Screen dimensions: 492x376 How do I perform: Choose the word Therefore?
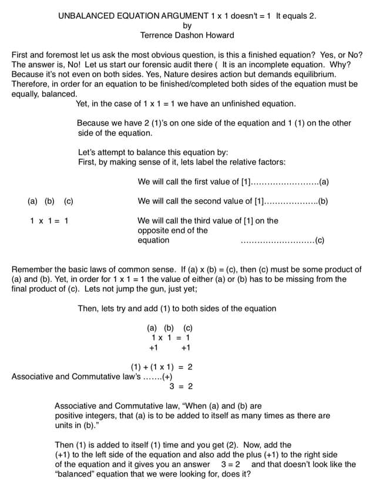(32, 84)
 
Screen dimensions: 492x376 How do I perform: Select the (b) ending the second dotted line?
(323, 201)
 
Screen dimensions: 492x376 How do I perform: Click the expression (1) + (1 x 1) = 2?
(162, 367)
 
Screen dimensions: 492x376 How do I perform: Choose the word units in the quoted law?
(65, 425)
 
